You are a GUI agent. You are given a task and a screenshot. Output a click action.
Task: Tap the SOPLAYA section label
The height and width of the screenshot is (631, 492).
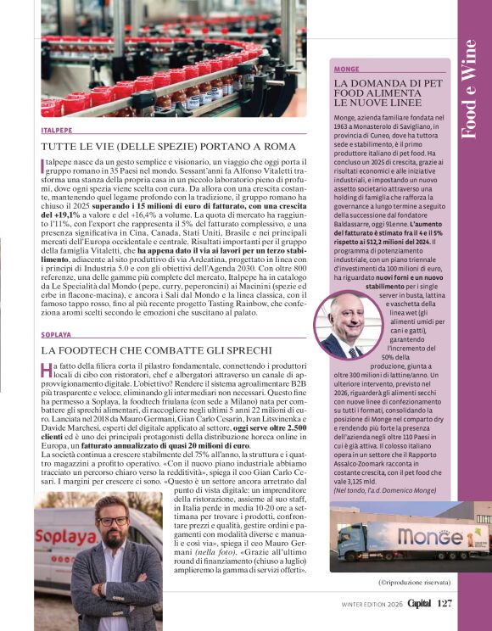pyautogui.click(x=56, y=335)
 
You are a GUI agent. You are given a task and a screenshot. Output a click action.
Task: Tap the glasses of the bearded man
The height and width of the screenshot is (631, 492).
pyautogui.click(x=112, y=520)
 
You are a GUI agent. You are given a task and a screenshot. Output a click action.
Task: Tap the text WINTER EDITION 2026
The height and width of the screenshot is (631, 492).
pyautogui.click(x=366, y=605)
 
